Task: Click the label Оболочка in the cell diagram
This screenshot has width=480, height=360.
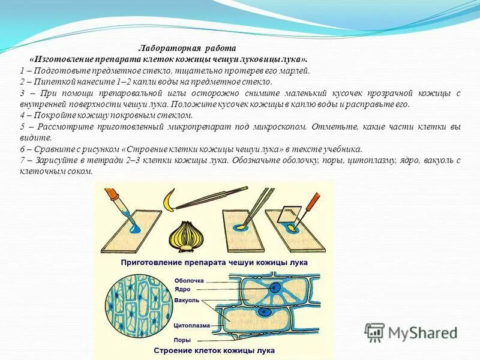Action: [189, 280]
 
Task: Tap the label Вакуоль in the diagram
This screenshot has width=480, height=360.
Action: [187, 300]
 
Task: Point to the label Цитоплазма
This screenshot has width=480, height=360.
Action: [192, 326]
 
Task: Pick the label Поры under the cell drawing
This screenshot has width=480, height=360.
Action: [182, 340]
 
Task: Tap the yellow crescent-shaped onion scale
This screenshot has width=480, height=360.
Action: [172, 200]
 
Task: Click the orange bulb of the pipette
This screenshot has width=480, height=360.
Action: [112, 196]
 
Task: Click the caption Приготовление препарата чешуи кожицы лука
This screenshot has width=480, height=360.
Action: [214, 262]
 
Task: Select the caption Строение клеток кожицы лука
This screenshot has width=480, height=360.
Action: [214, 350]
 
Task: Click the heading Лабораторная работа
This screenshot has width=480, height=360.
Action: [188, 47]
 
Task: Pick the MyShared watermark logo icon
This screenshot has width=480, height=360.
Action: [374, 332]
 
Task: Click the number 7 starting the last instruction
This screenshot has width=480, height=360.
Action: [22, 161]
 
